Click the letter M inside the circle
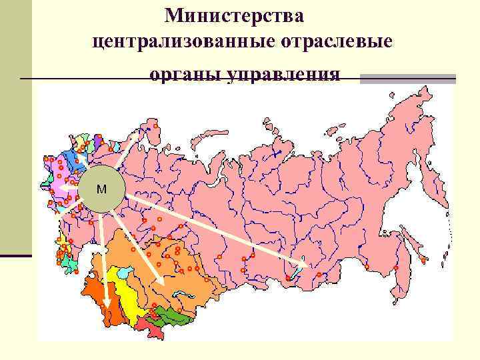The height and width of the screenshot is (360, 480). [101, 189]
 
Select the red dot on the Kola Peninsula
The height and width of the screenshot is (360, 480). [155, 125]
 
